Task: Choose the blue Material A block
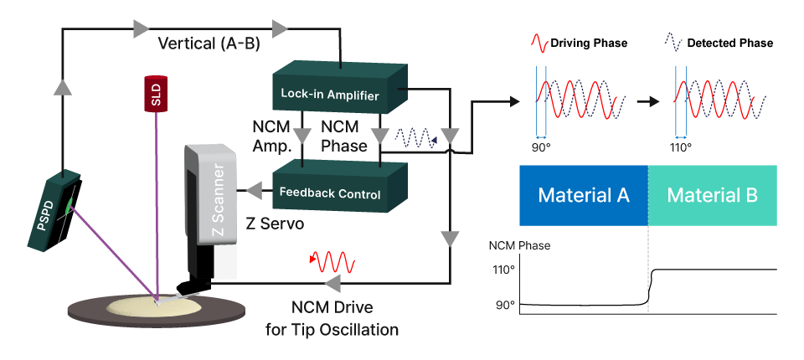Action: (584, 196)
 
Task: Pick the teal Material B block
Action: (713, 196)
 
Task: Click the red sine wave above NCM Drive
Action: (333, 261)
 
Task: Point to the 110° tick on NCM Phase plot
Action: (506, 270)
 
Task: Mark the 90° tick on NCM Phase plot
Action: (506, 306)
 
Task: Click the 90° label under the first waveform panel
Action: (541, 147)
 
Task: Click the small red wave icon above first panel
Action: (540, 42)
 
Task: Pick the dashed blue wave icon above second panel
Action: (674, 42)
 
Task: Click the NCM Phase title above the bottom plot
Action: (520, 246)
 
